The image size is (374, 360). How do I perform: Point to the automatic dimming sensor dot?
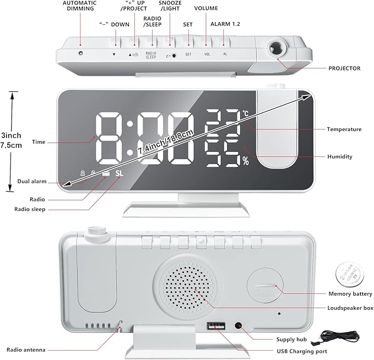80,53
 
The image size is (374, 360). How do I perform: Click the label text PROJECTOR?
344,69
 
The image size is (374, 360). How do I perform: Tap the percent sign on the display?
245,161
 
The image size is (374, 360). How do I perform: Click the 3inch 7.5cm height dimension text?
11,140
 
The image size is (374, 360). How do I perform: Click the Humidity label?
339,157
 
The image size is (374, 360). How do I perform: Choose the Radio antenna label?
26,350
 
